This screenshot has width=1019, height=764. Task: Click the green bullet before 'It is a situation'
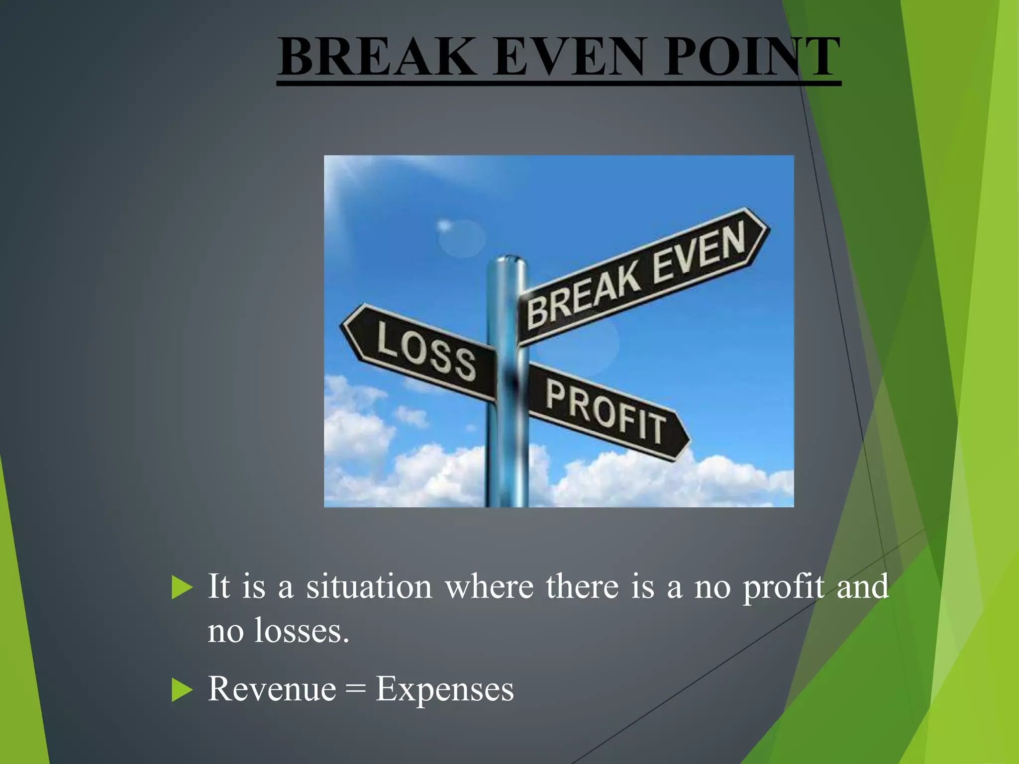coord(182,587)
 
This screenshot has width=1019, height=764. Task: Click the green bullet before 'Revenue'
coord(182,690)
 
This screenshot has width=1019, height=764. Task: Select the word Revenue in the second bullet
coord(272,689)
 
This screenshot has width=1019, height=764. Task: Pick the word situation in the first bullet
coord(369,586)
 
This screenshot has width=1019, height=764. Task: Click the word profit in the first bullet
coord(783,587)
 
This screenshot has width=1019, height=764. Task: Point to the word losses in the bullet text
coord(302,631)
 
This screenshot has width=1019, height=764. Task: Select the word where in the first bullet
coord(490,586)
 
